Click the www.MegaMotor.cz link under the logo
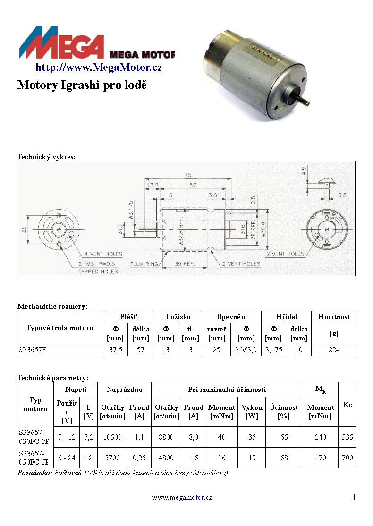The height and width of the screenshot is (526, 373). point(99,68)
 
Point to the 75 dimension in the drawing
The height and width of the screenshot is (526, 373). point(188,176)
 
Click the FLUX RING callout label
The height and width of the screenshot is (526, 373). point(144,264)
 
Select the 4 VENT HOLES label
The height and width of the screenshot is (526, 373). point(105,253)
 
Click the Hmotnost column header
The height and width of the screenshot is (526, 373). point(334,317)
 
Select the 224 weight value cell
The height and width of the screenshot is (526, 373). point(334,350)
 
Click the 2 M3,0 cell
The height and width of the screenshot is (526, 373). point(246,350)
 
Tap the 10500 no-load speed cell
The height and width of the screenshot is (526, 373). point(113,437)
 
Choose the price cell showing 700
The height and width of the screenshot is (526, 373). point(347,458)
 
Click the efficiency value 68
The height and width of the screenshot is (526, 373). point(284,458)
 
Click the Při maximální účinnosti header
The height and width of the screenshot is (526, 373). point(227,390)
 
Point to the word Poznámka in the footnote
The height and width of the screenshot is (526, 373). point(35,473)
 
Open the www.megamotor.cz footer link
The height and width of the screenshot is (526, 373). point(182,498)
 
